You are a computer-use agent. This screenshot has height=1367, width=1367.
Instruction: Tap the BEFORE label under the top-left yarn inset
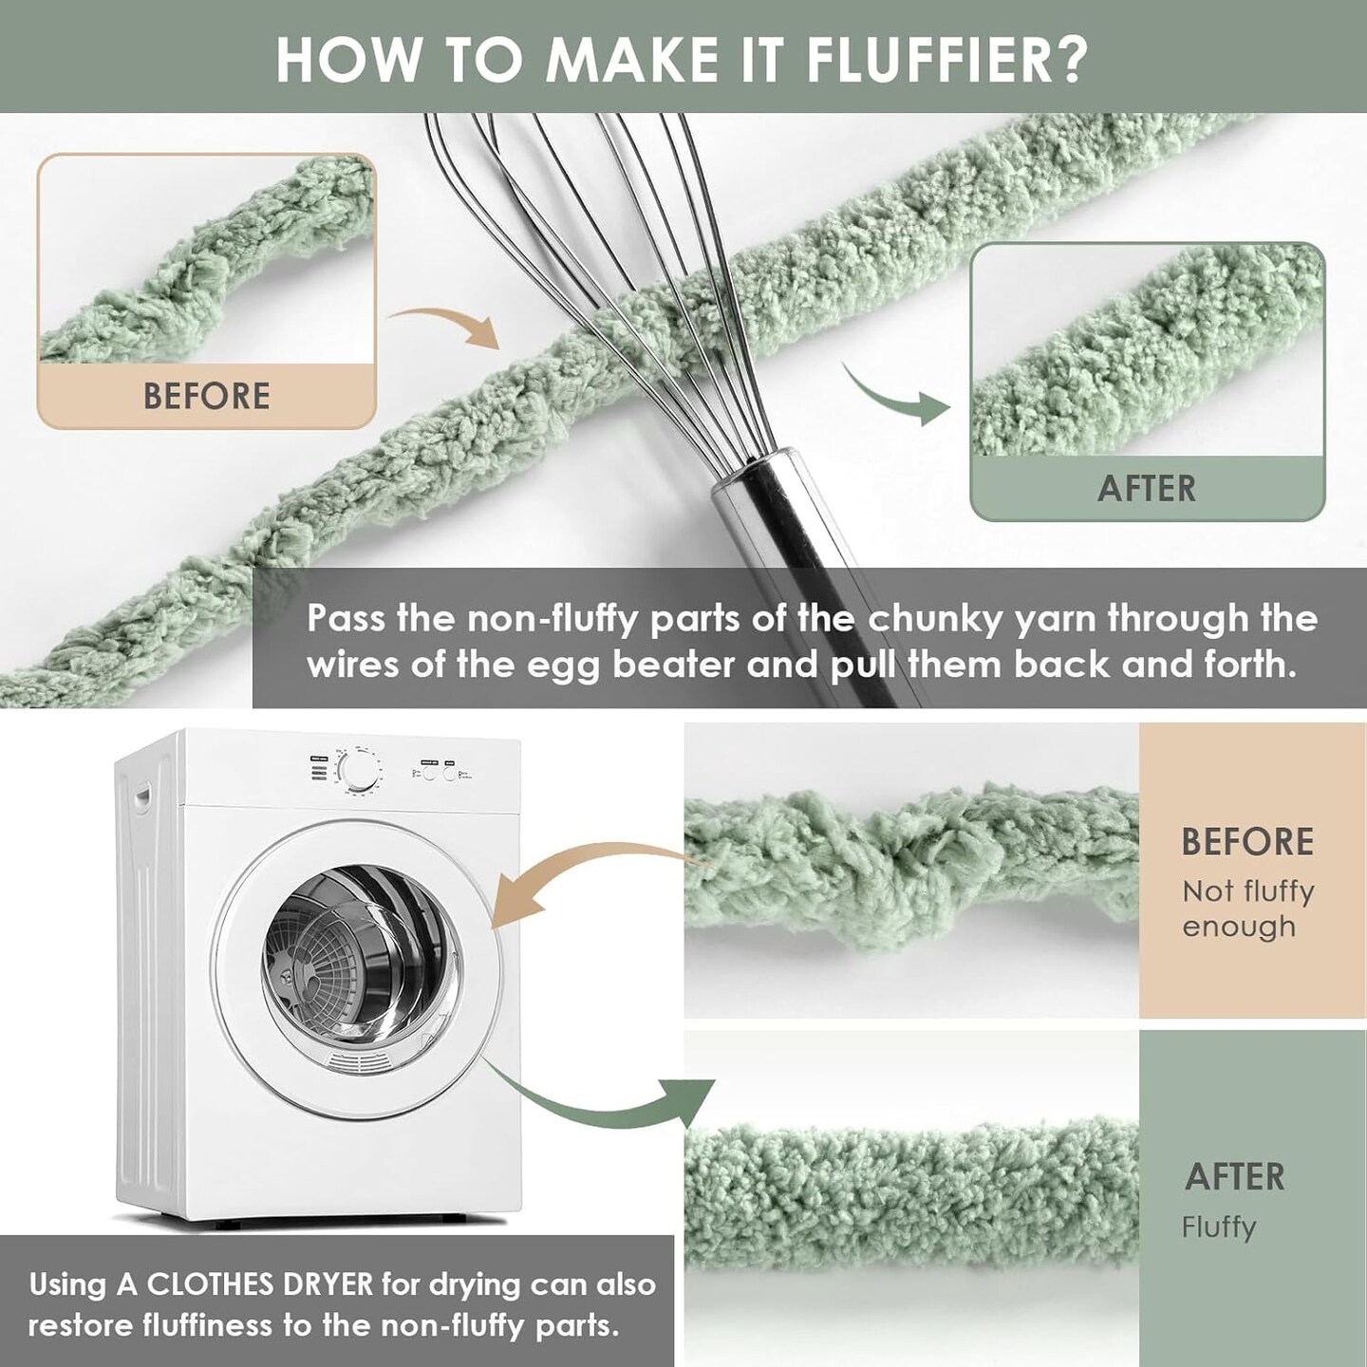point(206,396)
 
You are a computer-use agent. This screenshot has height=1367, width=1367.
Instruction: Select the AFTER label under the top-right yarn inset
point(1147,489)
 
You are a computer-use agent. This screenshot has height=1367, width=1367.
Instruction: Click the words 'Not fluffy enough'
point(1248,908)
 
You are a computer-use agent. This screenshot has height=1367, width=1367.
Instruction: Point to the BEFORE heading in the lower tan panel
point(1247,841)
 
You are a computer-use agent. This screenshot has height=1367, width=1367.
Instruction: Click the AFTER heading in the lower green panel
point(1234,1177)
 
